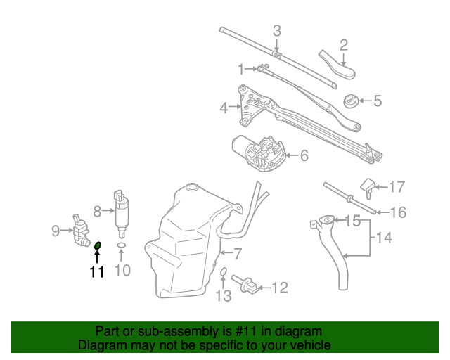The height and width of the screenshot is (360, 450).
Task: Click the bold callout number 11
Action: pyautogui.click(x=96, y=271)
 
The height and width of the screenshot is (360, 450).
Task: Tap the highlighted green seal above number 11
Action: pyautogui.click(x=98, y=245)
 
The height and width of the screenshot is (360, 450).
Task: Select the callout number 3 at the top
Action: pyautogui.click(x=276, y=30)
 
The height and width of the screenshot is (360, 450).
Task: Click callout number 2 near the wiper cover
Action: pyautogui.click(x=344, y=46)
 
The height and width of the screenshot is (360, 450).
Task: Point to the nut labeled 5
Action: pyautogui.click(x=350, y=101)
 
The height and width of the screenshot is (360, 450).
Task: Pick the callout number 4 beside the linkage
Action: pyautogui.click(x=224, y=109)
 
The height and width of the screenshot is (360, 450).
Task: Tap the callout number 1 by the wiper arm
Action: pyautogui.click(x=240, y=69)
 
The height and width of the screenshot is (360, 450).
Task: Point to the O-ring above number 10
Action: pyautogui.click(x=122, y=245)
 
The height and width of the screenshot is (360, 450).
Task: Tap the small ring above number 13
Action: pyautogui.click(x=223, y=271)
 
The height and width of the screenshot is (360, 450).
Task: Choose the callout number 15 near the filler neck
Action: pyautogui.click(x=353, y=221)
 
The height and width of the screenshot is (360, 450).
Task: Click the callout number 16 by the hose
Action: pyautogui.click(x=398, y=211)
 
